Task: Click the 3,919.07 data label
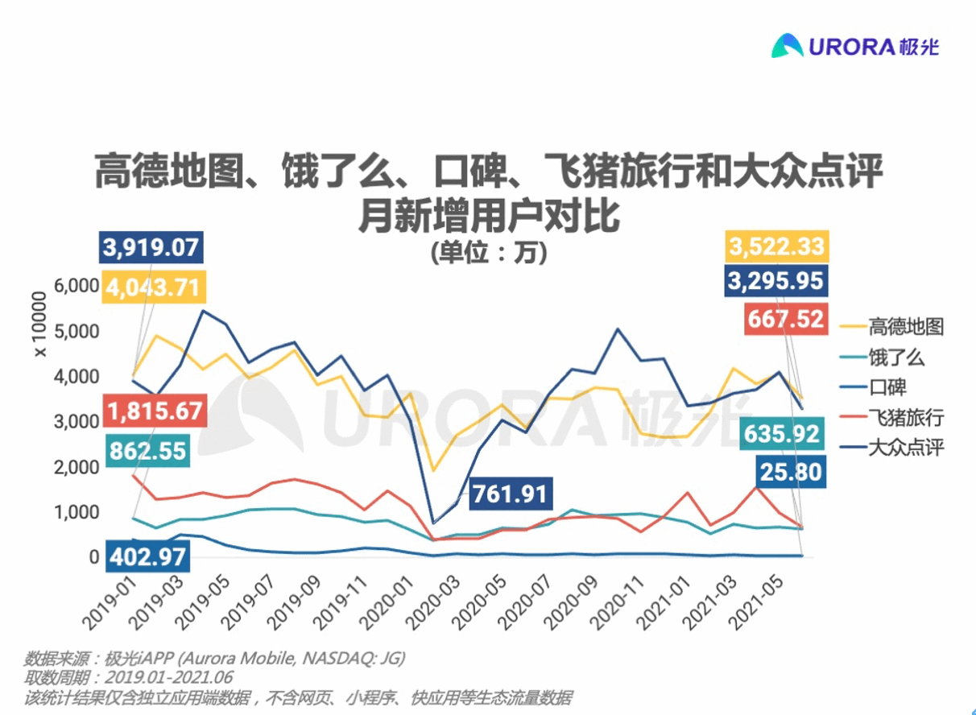point(152,247)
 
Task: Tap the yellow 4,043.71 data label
point(152,287)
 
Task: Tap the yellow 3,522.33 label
point(776,246)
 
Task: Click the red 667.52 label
point(785,319)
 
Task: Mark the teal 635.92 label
point(781,435)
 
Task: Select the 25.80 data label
point(791,471)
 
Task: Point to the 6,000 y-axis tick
point(77,286)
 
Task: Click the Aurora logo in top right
point(855,47)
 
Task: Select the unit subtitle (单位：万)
point(488,253)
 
